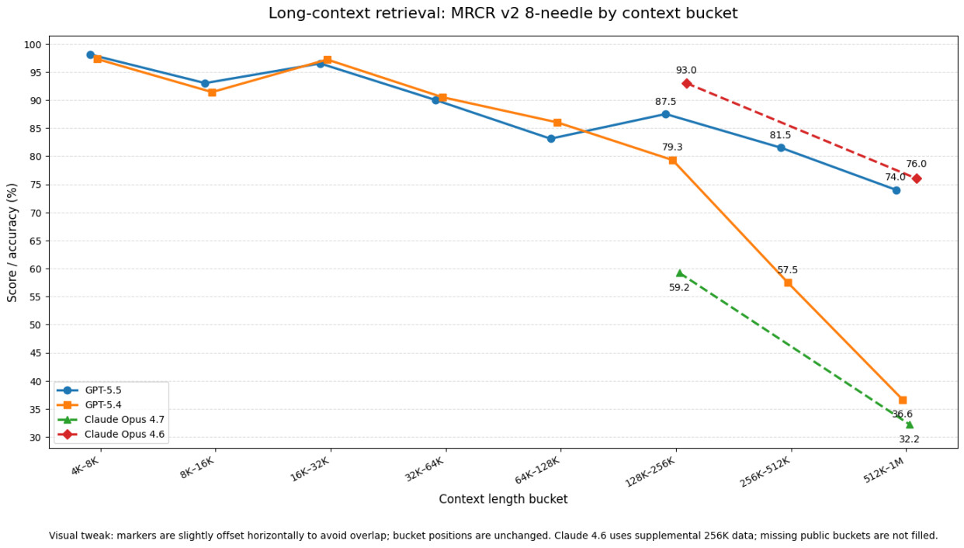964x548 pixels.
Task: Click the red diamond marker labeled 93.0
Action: click(x=687, y=83)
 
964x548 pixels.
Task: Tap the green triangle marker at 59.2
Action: click(x=680, y=273)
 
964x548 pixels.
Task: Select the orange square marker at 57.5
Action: click(x=788, y=283)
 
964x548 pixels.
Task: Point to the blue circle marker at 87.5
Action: click(x=665, y=114)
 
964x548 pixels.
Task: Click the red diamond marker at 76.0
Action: click(x=917, y=179)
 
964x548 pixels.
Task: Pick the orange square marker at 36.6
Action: click(x=903, y=401)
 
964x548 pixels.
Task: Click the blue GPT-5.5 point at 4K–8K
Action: click(x=90, y=55)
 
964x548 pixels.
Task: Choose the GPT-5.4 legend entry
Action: click(x=103, y=405)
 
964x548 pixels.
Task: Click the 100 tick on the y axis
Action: click(x=33, y=44)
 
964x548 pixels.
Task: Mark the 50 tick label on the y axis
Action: click(x=36, y=325)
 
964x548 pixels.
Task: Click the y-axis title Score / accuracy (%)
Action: click(x=12, y=242)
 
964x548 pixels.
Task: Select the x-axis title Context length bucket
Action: click(x=503, y=499)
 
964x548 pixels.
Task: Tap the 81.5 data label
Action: click(x=780, y=135)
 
